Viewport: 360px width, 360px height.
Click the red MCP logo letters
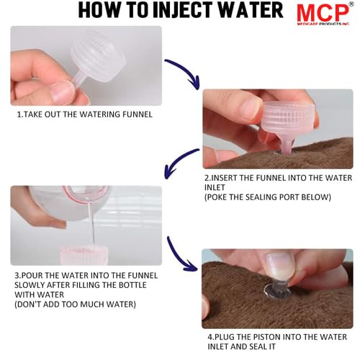point(323,12)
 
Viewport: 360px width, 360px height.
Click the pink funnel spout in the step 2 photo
point(286,143)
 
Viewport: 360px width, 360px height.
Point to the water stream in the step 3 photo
point(91,222)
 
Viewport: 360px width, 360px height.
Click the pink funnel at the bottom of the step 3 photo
point(84,256)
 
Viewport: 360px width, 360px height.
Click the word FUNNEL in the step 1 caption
point(138,114)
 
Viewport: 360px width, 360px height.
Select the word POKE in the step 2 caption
point(216,197)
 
